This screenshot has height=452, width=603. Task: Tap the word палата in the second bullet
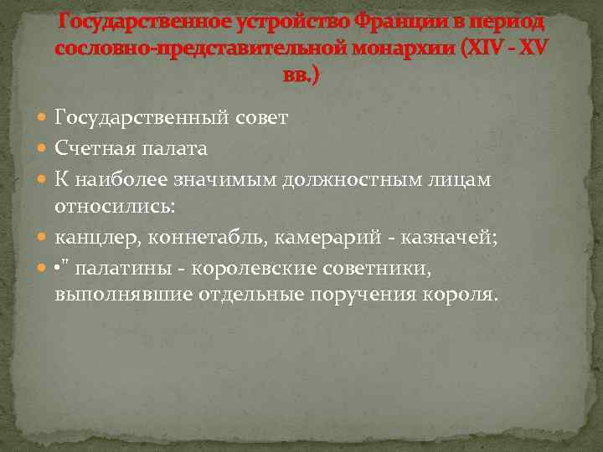click(x=178, y=148)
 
